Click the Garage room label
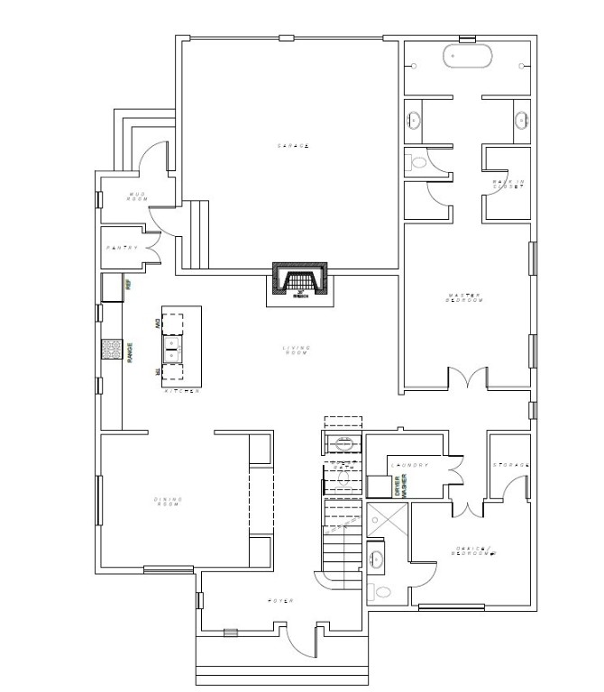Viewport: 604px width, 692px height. coord(294,146)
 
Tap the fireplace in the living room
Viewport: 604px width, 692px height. coord(301,279)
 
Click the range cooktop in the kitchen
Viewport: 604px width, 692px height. coord(112,349)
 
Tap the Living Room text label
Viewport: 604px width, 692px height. coord(295,350)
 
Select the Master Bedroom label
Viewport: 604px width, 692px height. coord(466,297)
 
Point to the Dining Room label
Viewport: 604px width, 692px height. coord(169,501)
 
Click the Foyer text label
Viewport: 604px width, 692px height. coord(281,601)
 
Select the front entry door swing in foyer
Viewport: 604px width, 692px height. coord(298,642)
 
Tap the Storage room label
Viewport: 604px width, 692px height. coord(510,466)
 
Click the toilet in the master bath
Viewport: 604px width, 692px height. coord(416,163)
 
